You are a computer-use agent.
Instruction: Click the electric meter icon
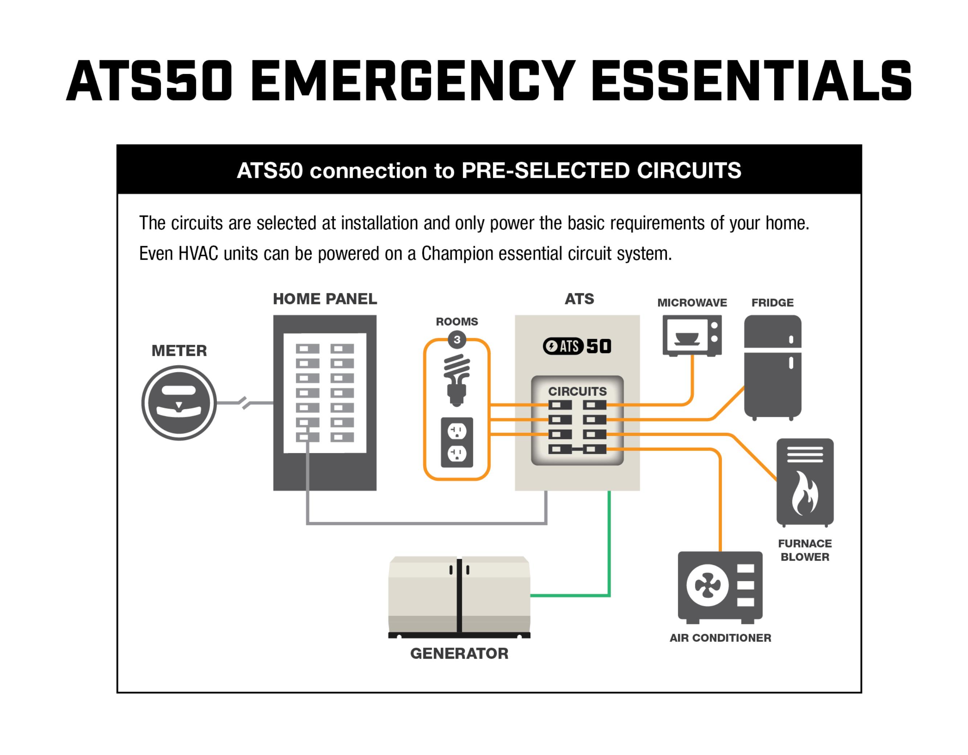point(179,403)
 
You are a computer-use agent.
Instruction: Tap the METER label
point(179,351)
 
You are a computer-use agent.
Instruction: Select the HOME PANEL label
point(325,299)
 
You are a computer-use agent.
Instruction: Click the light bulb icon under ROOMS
point(456,380)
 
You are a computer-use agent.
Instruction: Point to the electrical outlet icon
point(456,442)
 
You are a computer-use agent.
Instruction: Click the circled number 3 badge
point(456,340)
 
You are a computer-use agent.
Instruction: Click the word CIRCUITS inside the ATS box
point(577,391)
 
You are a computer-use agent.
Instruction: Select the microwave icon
point(692,336)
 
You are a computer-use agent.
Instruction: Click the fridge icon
point(772,367)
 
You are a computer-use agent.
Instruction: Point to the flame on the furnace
point(804,493)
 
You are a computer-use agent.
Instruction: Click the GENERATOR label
point(459,653)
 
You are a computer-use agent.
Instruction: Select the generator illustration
point(459,596)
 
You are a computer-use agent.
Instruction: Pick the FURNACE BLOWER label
point(804,550)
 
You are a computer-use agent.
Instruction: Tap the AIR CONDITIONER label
point(720,637)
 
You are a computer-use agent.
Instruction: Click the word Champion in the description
point(458,254)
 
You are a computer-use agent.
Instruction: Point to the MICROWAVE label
point(692,303)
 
